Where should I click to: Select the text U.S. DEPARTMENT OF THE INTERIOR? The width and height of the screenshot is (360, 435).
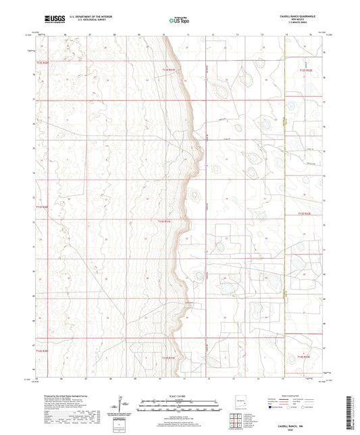(x=89, y=16)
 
